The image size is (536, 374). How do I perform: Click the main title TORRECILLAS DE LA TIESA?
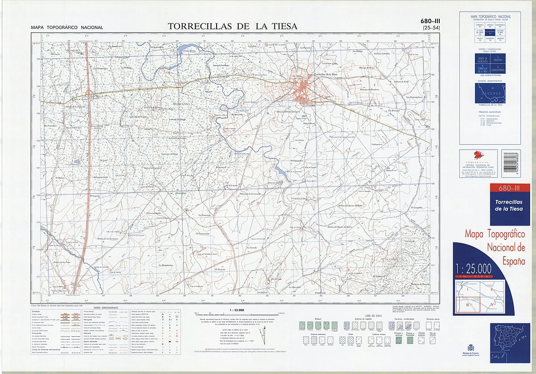click(x=232, y=26)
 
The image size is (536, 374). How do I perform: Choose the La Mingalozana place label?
click(x=166, y=265)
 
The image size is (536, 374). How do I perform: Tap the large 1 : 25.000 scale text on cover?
click(x=473, y=268)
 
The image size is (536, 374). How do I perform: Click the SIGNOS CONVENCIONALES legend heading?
click(x=106, y=308)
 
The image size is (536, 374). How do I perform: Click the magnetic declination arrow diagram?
click(x=263, y=337)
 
